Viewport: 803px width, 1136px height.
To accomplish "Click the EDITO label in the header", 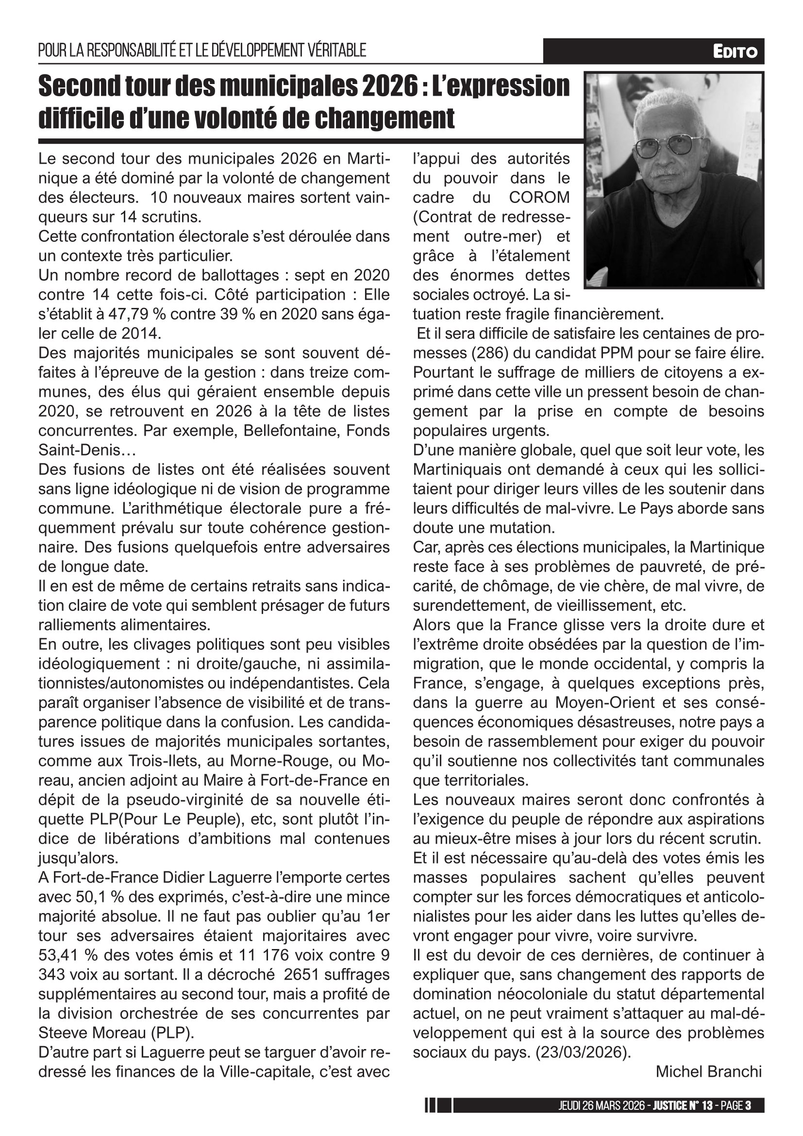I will (735, 51).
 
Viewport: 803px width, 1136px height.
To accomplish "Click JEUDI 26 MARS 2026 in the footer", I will (602, 1106).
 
